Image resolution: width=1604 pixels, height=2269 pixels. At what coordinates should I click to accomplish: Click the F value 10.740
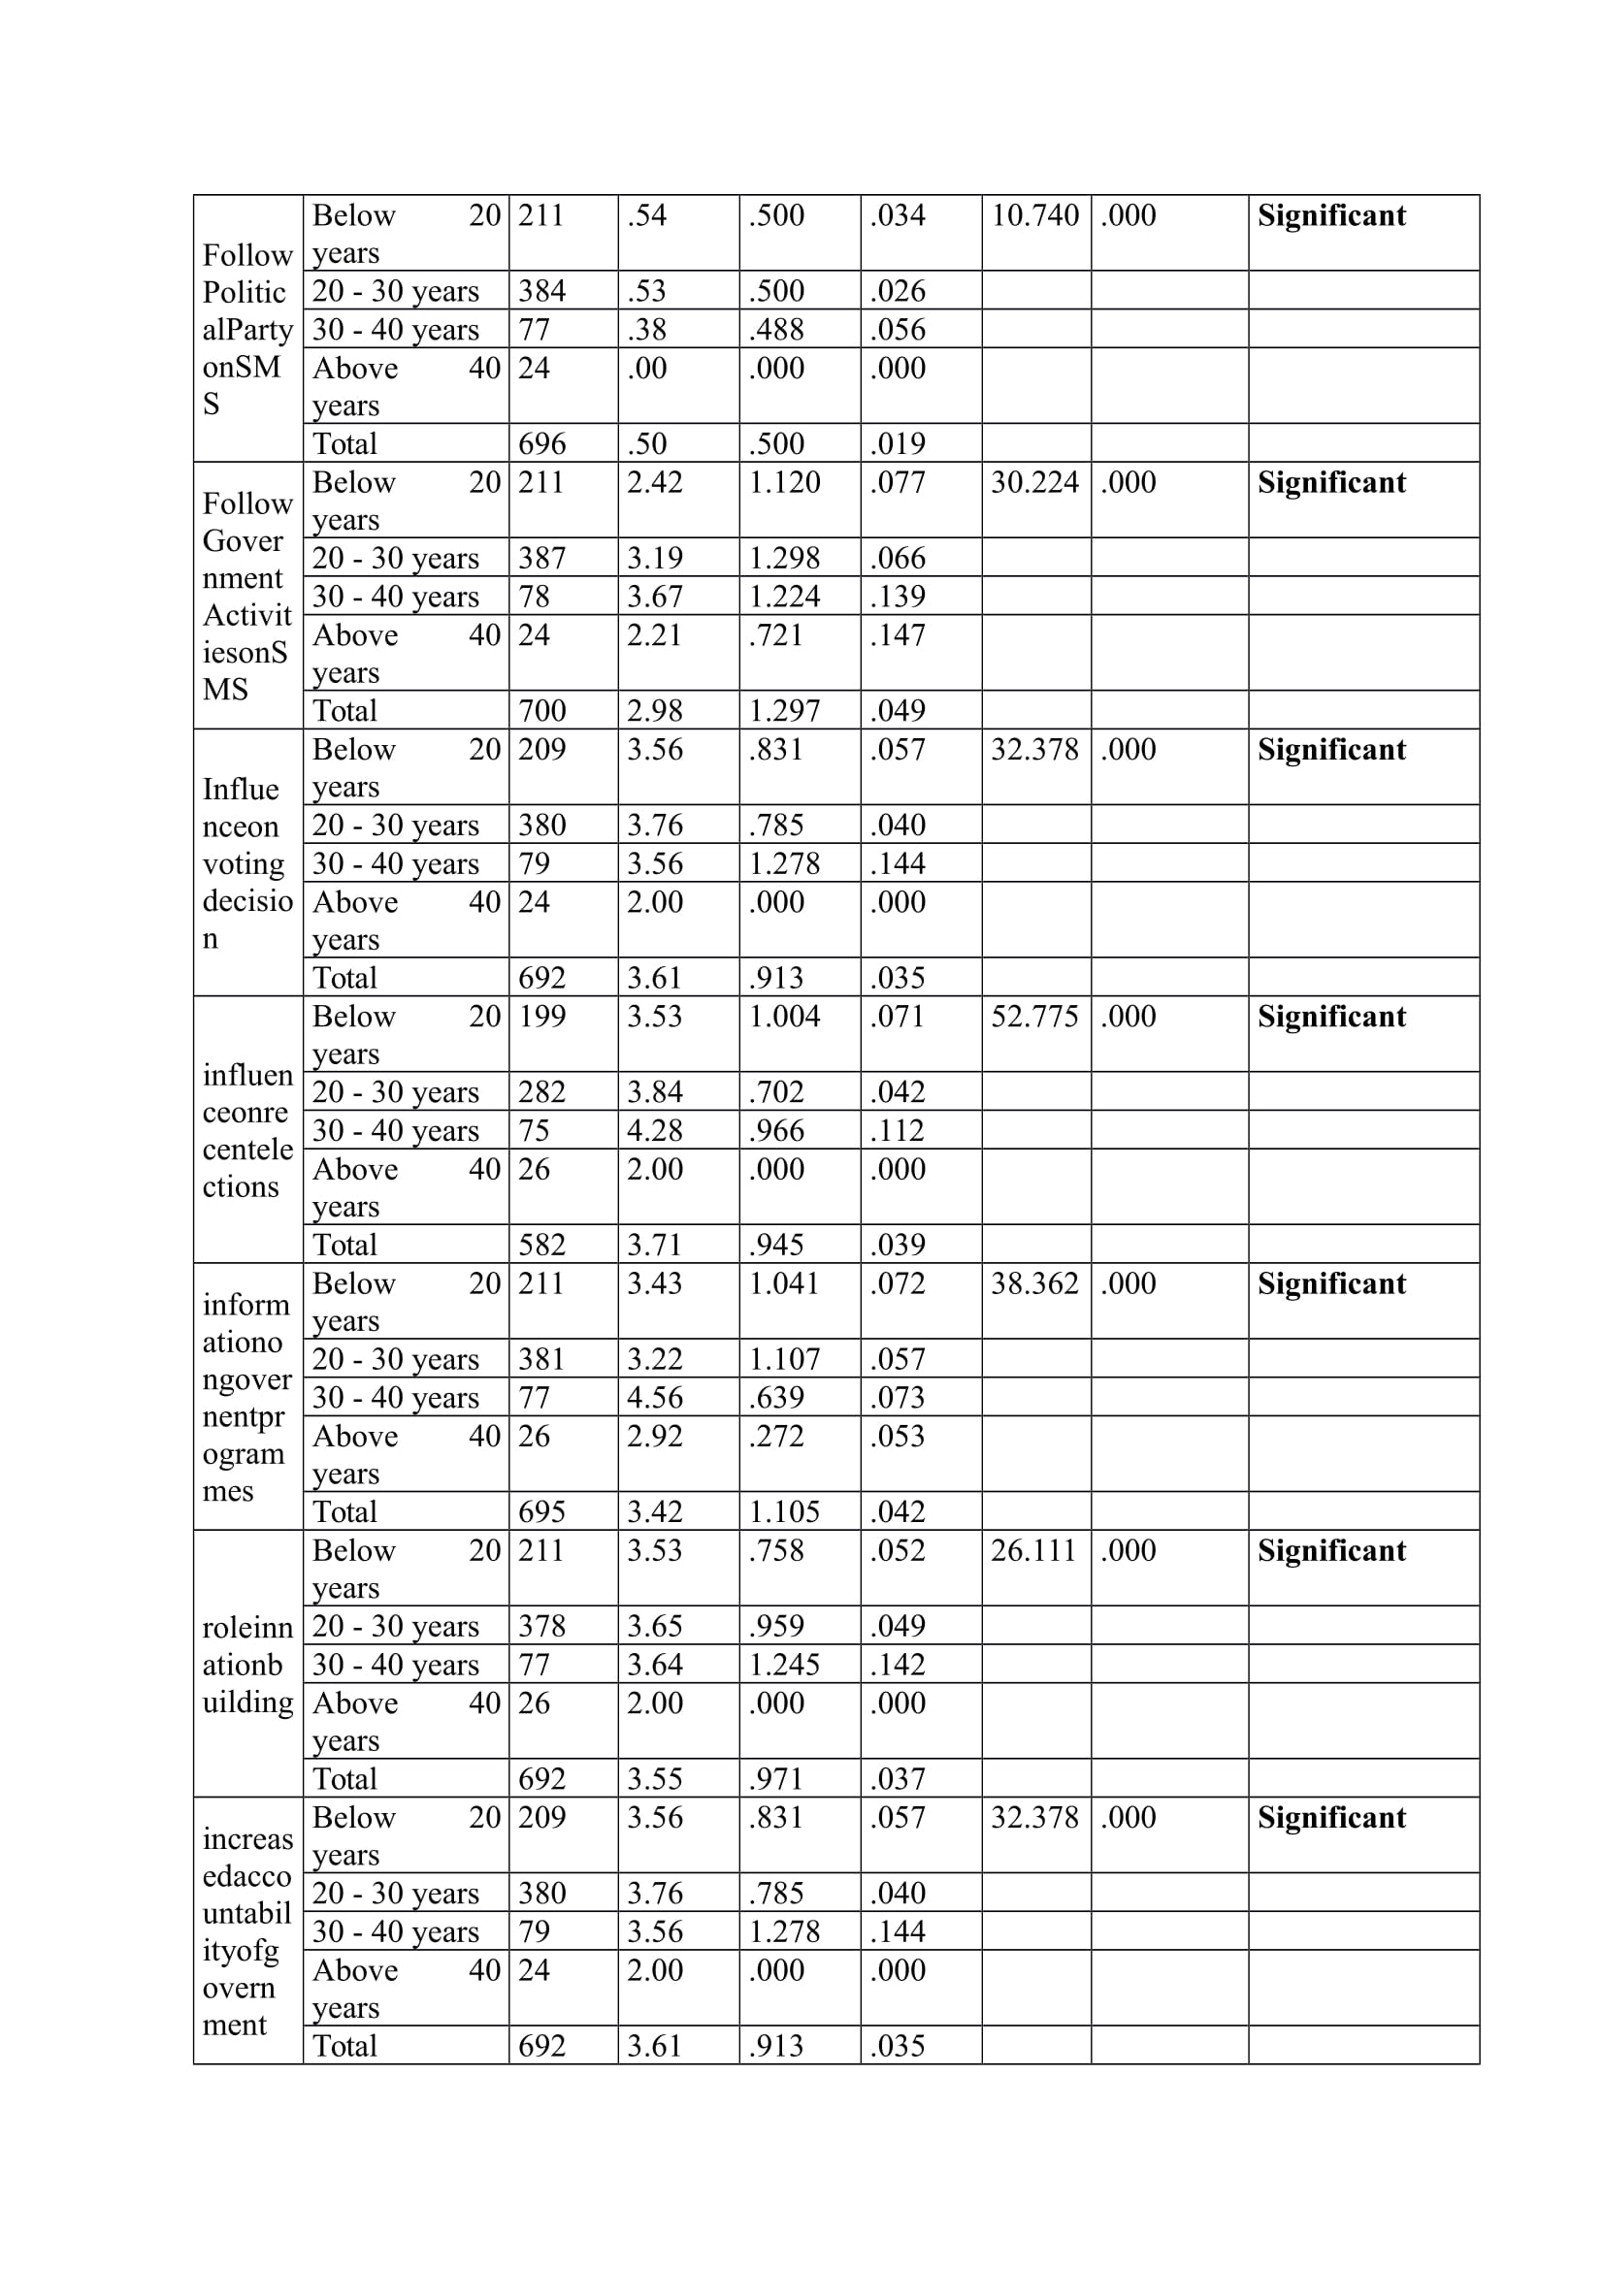pyautogui.click(x=1033, y=215)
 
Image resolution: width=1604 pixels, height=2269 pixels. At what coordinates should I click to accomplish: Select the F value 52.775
pyautogui.click(x=1033, y=1016)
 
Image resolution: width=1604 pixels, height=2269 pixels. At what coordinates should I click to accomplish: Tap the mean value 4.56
pyautogui.click(x=654, y=1397)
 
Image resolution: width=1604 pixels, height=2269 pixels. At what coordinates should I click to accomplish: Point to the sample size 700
pyautogui.click(x=541, y=710)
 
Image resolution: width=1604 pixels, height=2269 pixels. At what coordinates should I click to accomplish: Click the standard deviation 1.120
pyautogui.click(x=784, y=482)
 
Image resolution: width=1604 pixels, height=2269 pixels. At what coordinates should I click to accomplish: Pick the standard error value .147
pyautogui.click(x=898, y=634)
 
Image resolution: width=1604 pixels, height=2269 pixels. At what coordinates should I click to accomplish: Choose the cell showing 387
pyautogui.click(x=541, y=559)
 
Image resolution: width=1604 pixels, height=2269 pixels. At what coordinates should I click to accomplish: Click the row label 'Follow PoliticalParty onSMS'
pyautogui.click(x=247, y=329)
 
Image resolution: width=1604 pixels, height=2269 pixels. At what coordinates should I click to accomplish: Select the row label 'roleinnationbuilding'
pyautogui.click(x=247, y=1665)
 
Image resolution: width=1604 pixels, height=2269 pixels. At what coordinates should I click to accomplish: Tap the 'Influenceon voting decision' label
pyautogui.click(x=247, y=862)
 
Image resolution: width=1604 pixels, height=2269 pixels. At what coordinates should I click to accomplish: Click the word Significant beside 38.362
pyautogui.click(x=1330, y=1283)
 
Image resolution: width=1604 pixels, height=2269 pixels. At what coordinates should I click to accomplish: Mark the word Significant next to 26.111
pyautogui.click(x=1330, y=1550)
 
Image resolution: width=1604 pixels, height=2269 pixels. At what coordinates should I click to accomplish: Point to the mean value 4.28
pyautogui.click(x=654, y=1130)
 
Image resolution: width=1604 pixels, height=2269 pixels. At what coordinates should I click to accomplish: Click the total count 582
pyautogui.click(x=541, y=1245)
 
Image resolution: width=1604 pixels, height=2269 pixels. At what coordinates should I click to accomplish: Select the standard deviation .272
pyautogui.click(x=776, y=1436)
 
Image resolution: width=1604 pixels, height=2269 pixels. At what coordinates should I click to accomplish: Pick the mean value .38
pyautogui.click(x=646, y=329)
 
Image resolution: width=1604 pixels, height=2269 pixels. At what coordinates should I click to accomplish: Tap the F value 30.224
pyautogui.click(x=1033, y=482)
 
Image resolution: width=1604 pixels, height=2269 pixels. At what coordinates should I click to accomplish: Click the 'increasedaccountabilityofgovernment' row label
pyautogui.click(x=247, y=1931)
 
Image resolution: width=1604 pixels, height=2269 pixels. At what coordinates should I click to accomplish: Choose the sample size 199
pyautogui.click(x=541, y=1016)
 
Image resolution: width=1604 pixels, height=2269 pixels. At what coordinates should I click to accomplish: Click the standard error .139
pyautogui.click(x=898, y=597)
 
